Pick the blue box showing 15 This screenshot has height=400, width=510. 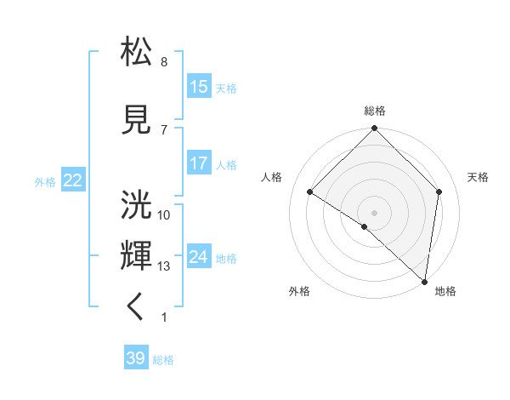pyautogui.click(x=199, y=87)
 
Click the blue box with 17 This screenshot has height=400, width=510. pyautogui.click(x=199, y=163)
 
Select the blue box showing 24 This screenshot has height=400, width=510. pyautogui.click(x=199, y=257)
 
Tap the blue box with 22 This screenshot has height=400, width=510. pyautogui.click(x=73, y=180)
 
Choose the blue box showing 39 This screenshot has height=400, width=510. pyautogui.click(x=136, y=358)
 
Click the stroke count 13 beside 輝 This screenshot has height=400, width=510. pyautogui.click(x=164, y=266)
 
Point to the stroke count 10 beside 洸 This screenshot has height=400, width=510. pyautogui.click(x=164, y=215)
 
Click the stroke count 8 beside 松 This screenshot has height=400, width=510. pyautogui.click(x=164, y=62)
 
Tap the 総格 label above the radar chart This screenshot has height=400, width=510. pyautogui.click(x=375, y=111)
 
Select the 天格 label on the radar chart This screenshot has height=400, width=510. pyautogui.click(x=478, y=177)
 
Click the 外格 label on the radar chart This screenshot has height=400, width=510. pyautogui.click(x=299, y=291)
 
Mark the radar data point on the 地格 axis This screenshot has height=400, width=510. pyautogui.click(x=425, y=282)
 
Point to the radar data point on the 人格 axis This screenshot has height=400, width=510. pyautogui.click(x=310, y=192)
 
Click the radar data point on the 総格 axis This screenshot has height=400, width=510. pyautogui.click(x=375, y=129)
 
